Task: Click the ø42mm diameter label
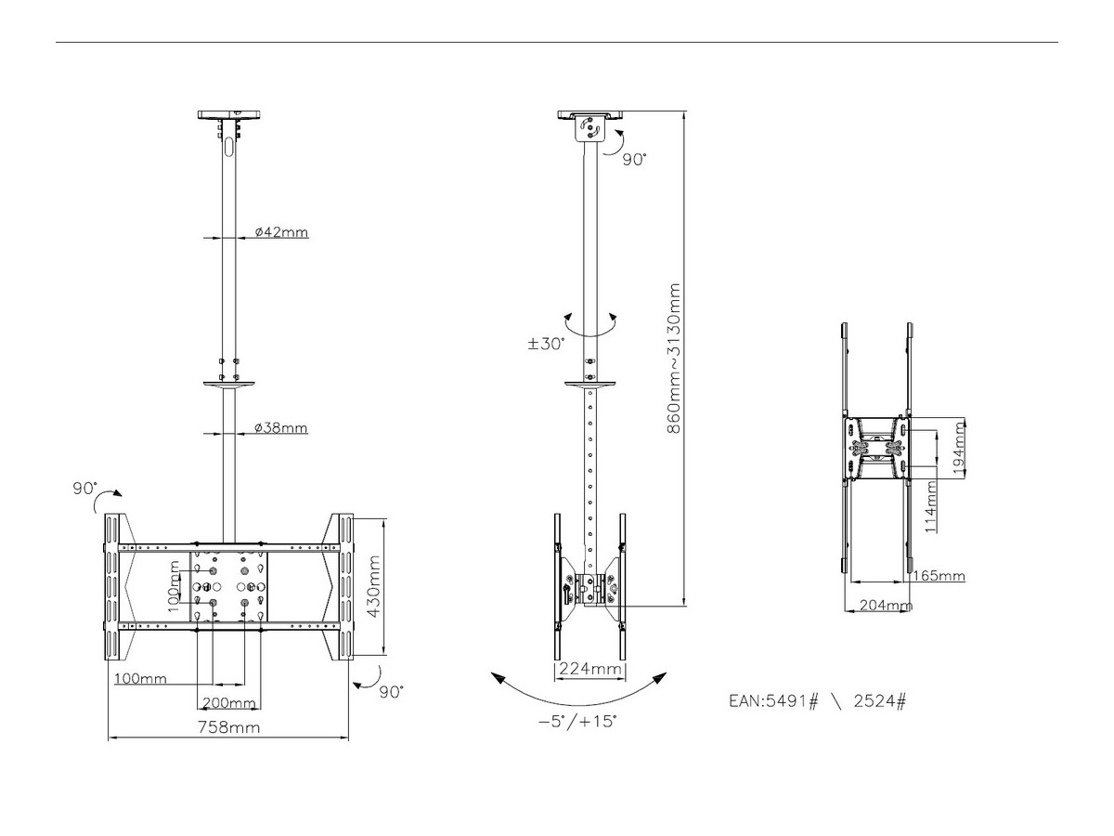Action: [281, 232]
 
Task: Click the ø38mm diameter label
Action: [281, 428]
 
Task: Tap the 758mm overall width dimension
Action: [230, 727]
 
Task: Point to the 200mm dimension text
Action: [228, 702]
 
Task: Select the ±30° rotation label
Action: [547, 343]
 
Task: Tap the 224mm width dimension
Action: [589, 669]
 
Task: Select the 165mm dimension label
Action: [939, 576]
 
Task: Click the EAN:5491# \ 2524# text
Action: [817, 701]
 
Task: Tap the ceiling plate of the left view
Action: [230, 115]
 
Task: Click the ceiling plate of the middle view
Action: [589, 115]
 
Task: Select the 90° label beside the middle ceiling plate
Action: [634, 160]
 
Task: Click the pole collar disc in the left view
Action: [228, 382]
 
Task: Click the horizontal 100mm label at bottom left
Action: [140, 679]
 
